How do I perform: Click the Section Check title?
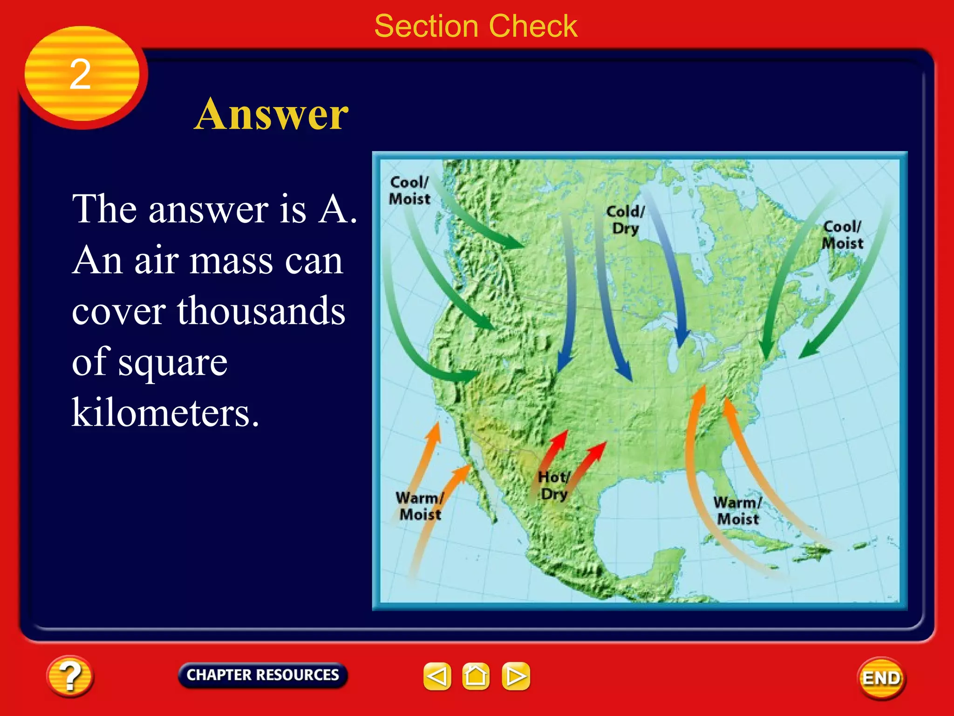(476, 26)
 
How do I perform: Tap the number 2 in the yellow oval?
(80, 75)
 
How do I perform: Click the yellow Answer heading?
(271, 114)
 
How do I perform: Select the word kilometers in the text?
(165, 413)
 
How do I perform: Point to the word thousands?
(261, 311)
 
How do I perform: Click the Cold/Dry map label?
(625, 220)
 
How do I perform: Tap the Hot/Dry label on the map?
(553, 486)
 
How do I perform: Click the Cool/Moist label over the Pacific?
(409, 191)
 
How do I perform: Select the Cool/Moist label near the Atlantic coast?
(842, 235)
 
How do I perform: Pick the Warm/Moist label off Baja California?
(420, 506)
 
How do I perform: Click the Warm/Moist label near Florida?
(738, 511)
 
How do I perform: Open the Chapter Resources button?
(263, 675)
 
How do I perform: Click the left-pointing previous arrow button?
(437, 676)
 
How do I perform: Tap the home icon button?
(476, 676)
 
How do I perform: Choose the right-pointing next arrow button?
(516, 676)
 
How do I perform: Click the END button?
(881, 678)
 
